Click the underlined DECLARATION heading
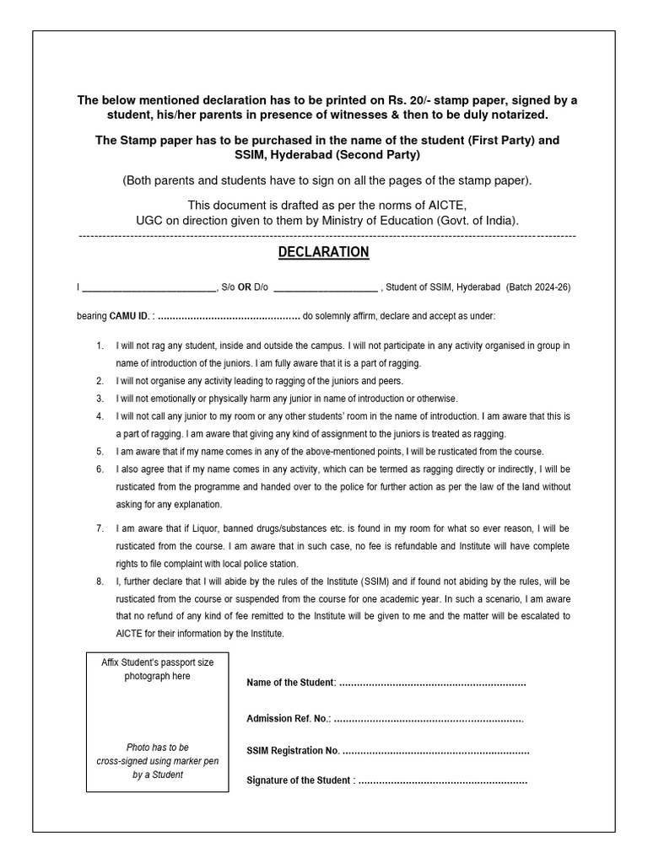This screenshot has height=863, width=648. click(324, 252)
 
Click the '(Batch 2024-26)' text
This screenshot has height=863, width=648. click(538, 287)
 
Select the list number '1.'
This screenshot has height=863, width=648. click(100, 346)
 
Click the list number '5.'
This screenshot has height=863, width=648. click(100, 452)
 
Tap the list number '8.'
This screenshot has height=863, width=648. click(100, 582)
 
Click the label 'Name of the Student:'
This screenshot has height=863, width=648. click(290, 682)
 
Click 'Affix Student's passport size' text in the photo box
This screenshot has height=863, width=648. click(158, 662)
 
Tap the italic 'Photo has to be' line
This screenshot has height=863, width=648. click(158, 748)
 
